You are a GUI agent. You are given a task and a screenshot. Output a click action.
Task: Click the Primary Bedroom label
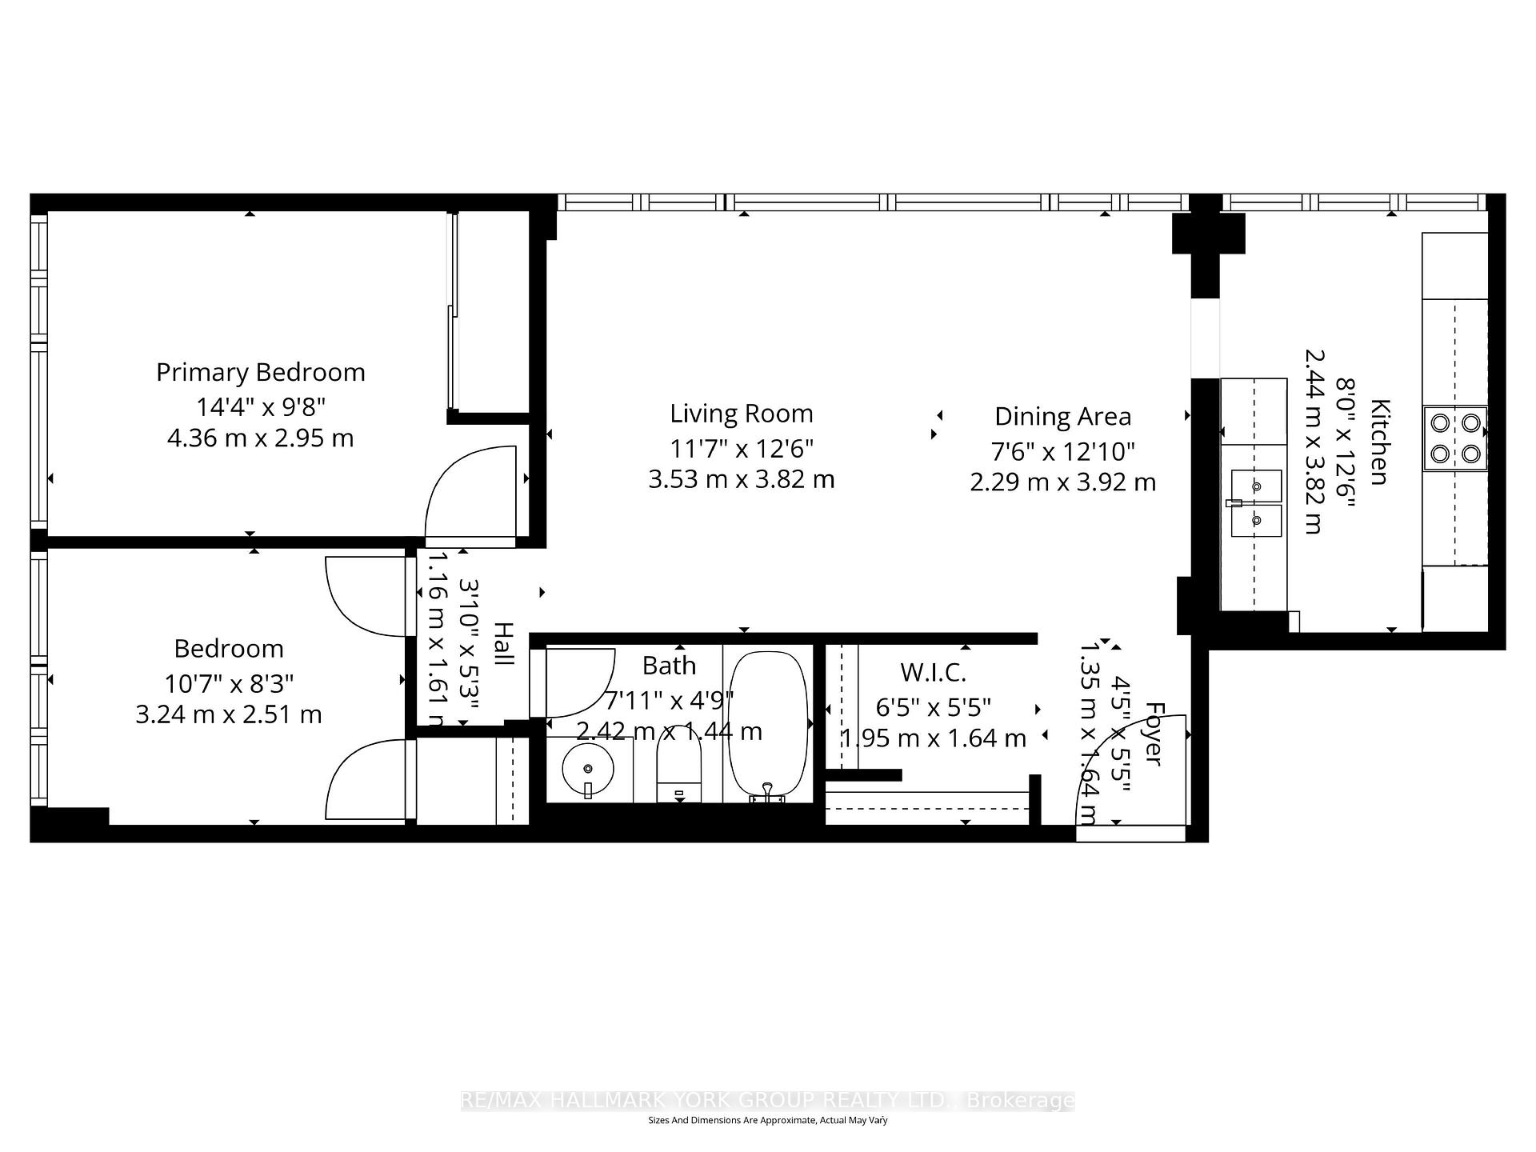[260, 372]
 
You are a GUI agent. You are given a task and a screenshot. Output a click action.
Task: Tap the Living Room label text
[741, 414]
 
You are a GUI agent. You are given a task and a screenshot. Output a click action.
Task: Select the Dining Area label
[1062, 417]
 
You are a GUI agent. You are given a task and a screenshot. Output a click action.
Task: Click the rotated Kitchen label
[1380, 442]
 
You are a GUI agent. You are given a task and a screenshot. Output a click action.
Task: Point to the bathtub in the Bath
[768, 724]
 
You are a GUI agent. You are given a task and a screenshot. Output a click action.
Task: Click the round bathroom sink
[588, 768]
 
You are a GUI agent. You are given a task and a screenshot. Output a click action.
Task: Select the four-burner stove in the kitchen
[1454, 438]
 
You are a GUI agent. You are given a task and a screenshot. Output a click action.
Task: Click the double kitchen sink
[1256, 502]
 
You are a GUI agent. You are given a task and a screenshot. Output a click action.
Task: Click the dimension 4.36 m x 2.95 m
[260, 438]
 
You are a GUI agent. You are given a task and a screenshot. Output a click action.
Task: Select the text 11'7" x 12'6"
[741, 449]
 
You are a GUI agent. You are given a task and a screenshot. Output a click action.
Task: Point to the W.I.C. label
[933, 672]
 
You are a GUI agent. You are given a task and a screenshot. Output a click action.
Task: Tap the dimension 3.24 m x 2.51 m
[229, 714]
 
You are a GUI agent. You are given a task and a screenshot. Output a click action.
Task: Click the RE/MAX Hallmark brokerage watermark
[768, 1101]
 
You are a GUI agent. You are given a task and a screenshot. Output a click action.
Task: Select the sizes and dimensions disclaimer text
[768, 1121]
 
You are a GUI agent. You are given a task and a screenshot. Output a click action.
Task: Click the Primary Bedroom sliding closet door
[453, 312]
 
